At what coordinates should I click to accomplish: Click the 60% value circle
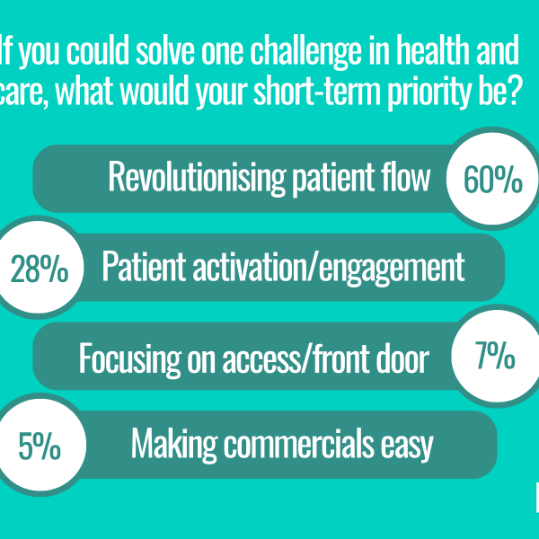coord(492,179)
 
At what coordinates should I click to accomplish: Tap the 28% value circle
coord(39,267)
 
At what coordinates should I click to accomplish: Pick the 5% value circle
coord(40,445)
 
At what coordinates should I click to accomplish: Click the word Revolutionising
coord(197,178)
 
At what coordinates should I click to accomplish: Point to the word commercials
coord(299,444)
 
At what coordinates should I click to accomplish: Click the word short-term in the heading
coord(317,91)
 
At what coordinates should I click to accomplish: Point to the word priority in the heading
coord(429,93)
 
